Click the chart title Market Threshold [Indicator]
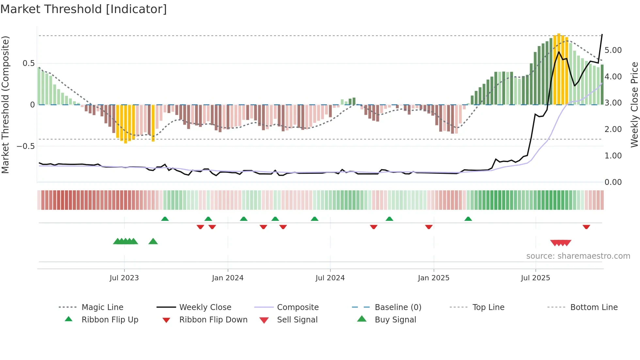[x=84, y=9]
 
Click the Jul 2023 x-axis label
[x=124, y=278]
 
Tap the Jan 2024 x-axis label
[x=228, y=278]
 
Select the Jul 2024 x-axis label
[x=330, y=278]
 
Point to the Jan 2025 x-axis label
[x=433, y=278]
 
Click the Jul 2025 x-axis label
[x=535, y=278]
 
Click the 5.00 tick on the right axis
[x=613, y=50]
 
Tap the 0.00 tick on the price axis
[x=613, y=182]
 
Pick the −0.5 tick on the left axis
[x=25, y=146]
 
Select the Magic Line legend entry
[x=102, y=307]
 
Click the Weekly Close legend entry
[x=205, y=307]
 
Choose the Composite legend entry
[x=297, y=307]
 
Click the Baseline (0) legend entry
[x=398, y=307]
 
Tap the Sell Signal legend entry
[x=297, y=320]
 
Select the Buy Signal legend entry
[x=395, y=320]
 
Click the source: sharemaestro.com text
[x=578, y=256]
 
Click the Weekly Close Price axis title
[x=634, y=105]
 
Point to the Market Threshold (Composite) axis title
[x=5, y=105]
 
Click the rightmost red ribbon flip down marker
[x=586, y=227]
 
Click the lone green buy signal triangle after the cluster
[x=153, y=241]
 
